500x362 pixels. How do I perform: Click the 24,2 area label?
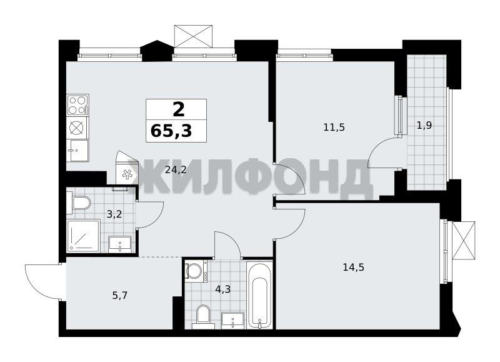pyautogui.click(x=176, y=170)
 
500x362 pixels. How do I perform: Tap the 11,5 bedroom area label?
pyautogui.click(x=334, y=128)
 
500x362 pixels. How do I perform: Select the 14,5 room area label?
pyautogui.click(x=353, y=267)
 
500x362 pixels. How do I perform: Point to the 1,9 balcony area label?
pyautogui.click(x=424, y=125)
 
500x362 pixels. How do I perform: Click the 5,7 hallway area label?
pyautogui.click(x=120, y=296)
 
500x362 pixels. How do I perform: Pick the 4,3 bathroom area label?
pyautogui.click(x=223, y=289)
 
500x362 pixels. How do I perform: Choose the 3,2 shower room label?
pyautogui.click(x=114, y=214)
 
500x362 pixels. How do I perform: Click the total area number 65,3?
pyautogui.click(x=171, y=131)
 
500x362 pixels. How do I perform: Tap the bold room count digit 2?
pyautogui.click(x=179, y=109)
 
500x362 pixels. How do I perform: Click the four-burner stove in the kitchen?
pyautogui.click(x=77, y=105)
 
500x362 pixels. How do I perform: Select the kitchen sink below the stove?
pyautogui.click(x=79, y=150)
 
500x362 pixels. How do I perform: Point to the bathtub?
pyautogui.click(x=260, y=296)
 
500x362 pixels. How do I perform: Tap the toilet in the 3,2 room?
pyautogui.click(x=79, y=203)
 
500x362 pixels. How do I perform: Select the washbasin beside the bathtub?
pyautogui.click(x=233, y=321)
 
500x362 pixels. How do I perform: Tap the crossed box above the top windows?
pyautogui.click(x=194, y=36)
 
